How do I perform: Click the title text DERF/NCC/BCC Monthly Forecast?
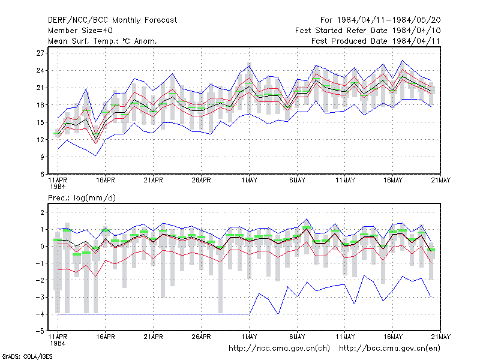(x=112, y=20)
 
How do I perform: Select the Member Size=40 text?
(x=80, y=31)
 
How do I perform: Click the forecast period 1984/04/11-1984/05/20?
(x=380, y=20)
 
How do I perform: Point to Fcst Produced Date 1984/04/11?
(x=376, y=41)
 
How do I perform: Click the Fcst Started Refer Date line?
(x=368, y=31)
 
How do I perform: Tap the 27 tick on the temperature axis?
(x=40, y=53)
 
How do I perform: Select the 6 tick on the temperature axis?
(x=42, y=174)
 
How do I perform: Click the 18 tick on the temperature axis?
(x=40, y=105)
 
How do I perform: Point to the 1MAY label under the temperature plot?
(x=249, y=180)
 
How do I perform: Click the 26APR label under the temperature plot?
(x=202, y=180)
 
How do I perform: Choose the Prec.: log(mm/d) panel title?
(x=82, y=198)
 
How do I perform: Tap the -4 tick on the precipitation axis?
(x=40, y=314)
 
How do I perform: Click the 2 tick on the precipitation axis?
(x=42, y=212)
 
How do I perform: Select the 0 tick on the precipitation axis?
(x=42, y=247)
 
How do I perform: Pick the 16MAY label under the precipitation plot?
(x=393, y=337)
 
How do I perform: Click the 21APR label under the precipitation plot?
(x=154, y=337)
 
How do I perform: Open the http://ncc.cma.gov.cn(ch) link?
(x=279, y=349)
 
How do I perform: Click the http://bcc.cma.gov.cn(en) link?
(x=389, y=349)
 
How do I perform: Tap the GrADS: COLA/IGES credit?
(x=27, y=356)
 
